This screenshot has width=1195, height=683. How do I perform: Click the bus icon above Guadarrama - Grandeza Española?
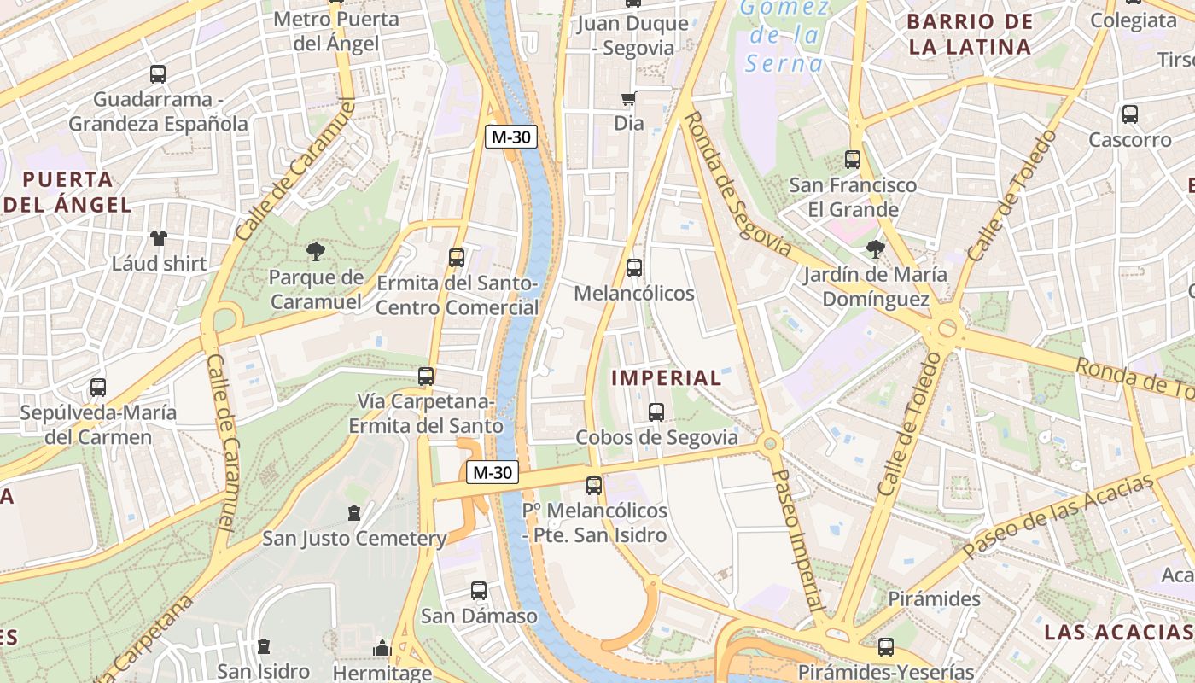157,74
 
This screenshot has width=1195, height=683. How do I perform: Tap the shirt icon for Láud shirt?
159,238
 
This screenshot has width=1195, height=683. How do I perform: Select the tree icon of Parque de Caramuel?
316,252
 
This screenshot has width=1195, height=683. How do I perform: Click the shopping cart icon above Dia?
629,98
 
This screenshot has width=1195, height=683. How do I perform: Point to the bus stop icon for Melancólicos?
634,268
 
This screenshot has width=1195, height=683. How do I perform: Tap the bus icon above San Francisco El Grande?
852,160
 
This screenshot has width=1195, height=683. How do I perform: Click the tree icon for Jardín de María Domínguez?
875,249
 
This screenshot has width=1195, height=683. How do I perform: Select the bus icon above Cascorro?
1130,114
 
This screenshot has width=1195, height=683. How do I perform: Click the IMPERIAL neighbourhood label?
667,377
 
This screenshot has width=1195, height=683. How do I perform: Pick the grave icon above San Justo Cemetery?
354,513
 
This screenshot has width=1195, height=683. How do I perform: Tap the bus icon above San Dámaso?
479,591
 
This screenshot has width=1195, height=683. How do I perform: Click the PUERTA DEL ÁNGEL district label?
68,192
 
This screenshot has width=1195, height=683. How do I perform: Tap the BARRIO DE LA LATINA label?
971,34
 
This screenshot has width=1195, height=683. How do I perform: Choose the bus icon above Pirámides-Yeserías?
886,647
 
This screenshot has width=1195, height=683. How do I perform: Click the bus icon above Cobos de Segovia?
656,412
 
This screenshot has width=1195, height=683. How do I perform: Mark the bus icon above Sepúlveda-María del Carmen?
98,388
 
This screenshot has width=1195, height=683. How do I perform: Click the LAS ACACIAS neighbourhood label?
1118,632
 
